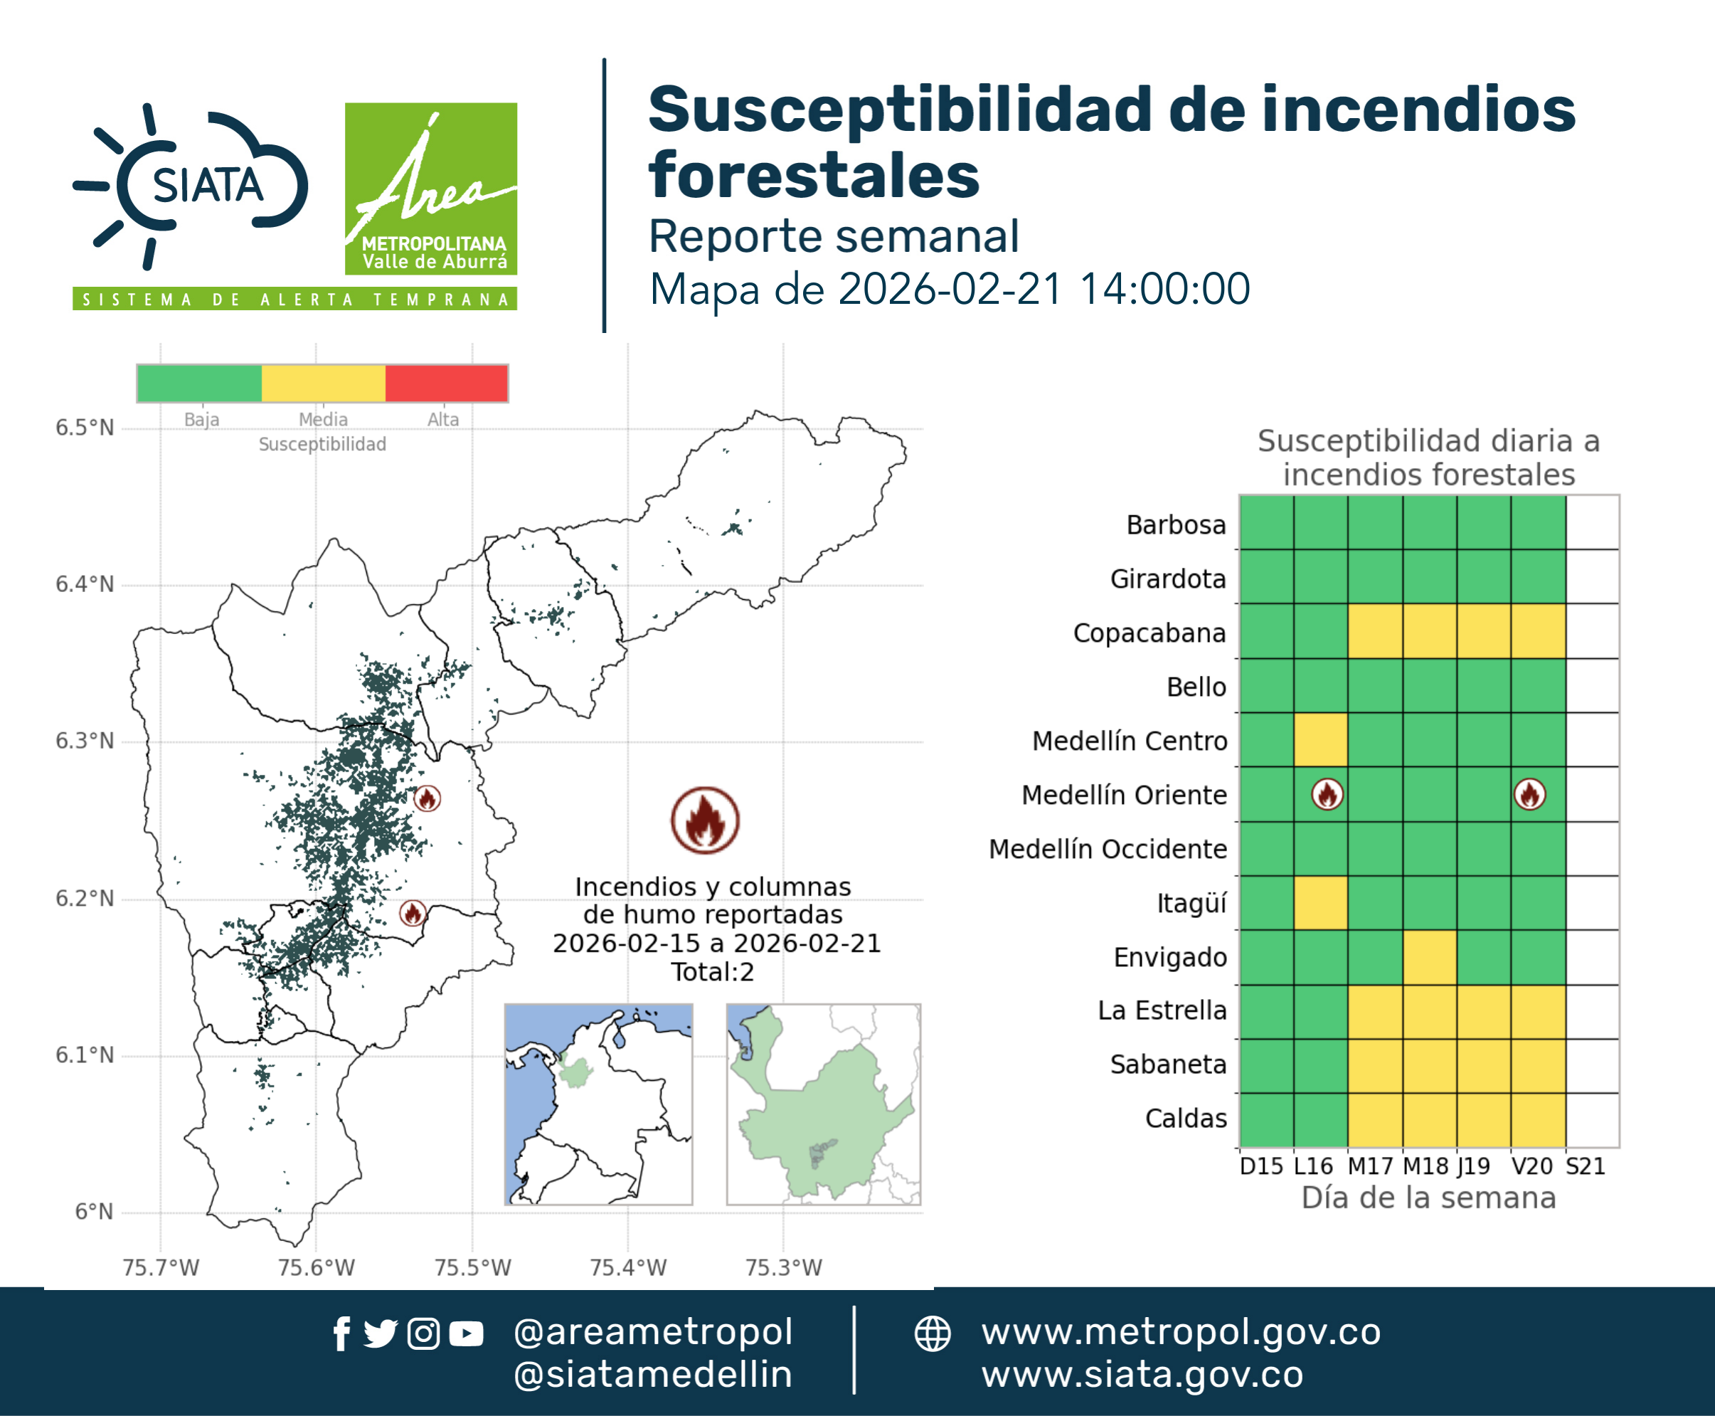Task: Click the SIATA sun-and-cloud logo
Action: [190, 186]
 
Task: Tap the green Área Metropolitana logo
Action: [430, 189]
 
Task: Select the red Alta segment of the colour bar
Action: [446, 384]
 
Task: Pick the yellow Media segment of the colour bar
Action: [323, 384]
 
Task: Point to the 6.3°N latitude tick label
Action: [85, 741]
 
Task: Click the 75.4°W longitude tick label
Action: [628, 1267]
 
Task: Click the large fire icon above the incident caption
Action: [706, 820]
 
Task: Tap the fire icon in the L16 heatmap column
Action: [1327, 793]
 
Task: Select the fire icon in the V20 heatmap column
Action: [1530, 793]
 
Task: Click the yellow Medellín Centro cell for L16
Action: [1320, 740]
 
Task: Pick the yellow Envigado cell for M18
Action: [1430, 957]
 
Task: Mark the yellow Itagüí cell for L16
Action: [1320, 903]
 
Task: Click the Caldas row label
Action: [1186, 1119]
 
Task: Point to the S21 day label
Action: [1586, 1166]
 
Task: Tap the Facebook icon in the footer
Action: [341, 1333]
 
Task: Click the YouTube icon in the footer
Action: [466, 1333]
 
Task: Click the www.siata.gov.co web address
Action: [1142, 1375]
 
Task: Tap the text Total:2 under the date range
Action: [713, 971]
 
